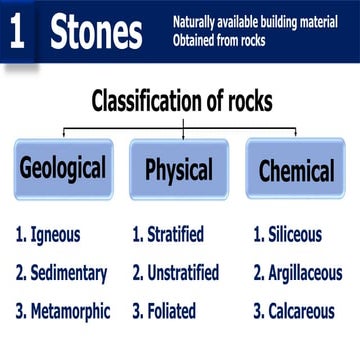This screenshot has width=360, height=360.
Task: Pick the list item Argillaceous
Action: [302, 273]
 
